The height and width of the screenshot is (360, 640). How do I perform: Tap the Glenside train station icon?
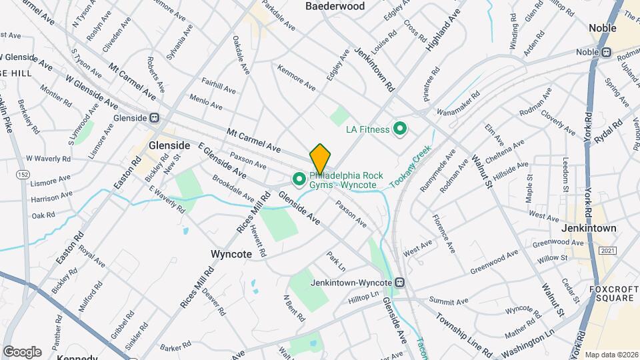point(154,117)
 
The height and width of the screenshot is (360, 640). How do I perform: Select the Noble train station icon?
point(607,53)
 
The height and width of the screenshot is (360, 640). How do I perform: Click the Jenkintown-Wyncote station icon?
point(400,282)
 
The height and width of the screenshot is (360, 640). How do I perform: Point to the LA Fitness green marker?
point(401,129)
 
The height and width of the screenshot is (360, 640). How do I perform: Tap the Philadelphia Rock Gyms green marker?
point(299,179)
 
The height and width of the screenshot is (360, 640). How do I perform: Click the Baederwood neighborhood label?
point(335,7)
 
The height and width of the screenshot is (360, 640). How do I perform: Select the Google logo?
point(22,351)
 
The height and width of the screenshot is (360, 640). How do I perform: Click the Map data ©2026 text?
point(611,354)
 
